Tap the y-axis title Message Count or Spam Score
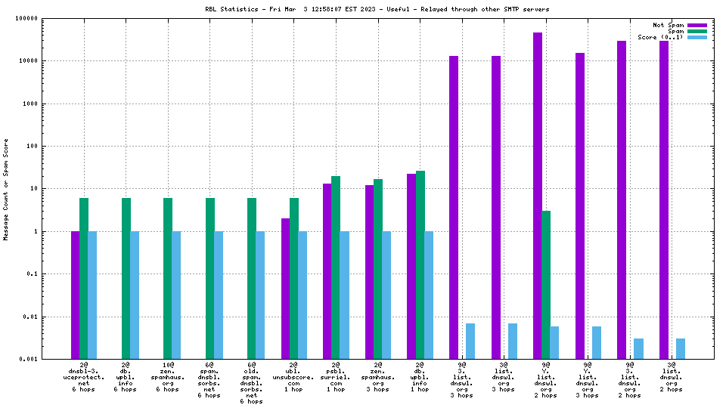[x=6, y=189]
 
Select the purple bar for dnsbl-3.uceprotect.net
[x=76, y=295]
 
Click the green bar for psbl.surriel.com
[x=336, y=267]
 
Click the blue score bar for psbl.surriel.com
[x=345, y=295]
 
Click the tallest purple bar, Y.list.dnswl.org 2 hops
[x=538, y=196]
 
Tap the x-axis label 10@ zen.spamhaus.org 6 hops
[x=167, y=377]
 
